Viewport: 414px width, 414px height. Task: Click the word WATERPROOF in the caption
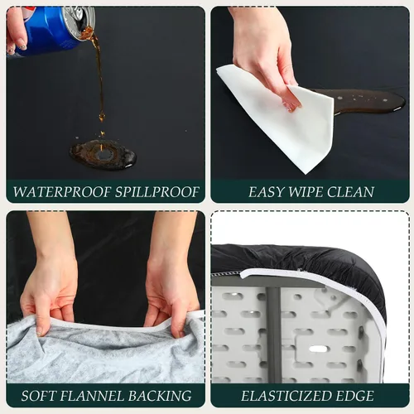click(x=62, y=192)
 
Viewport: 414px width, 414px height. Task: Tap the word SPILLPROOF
click(x=157, y=192)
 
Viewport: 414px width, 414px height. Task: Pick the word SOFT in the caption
click(x=38, y=396)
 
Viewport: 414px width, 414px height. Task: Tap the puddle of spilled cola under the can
click(x=103, y=153)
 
